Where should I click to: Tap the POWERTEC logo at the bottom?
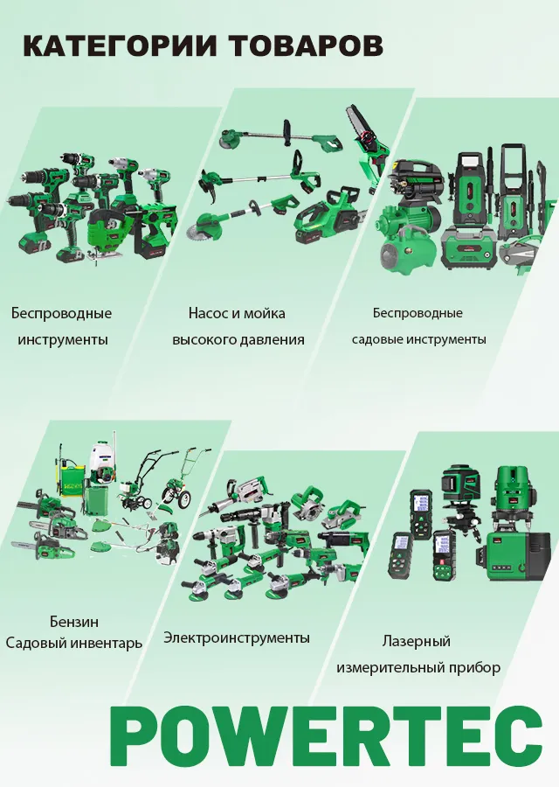(327, 741)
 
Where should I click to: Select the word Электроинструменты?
(237, 638)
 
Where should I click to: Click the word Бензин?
(74, 622)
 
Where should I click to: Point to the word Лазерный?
(417, 642)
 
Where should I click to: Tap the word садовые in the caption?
(376, 339)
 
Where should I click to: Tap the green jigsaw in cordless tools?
(108, 233)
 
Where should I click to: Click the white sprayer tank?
(104, 464)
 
